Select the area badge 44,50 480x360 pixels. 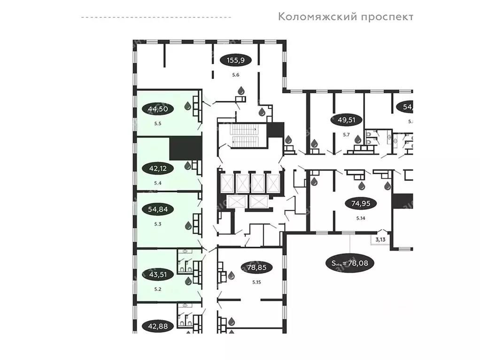(x=157, y=109)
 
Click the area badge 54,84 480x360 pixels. (x=157, y=209)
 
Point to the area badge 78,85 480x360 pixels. (x=255, y=268)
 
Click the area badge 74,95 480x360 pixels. (x=360, y=204)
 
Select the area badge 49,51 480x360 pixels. (x=347, y=120)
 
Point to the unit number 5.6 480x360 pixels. (x=235, y=75)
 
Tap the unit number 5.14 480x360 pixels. (x=361, y=218)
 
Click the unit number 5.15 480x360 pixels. (x=256, y=282)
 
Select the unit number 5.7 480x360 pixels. (x=346, y=135)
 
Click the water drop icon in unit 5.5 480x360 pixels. (x=187, y=106)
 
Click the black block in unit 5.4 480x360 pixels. (x=185, y=147)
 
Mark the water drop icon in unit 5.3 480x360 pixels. (x=187, y=226)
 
